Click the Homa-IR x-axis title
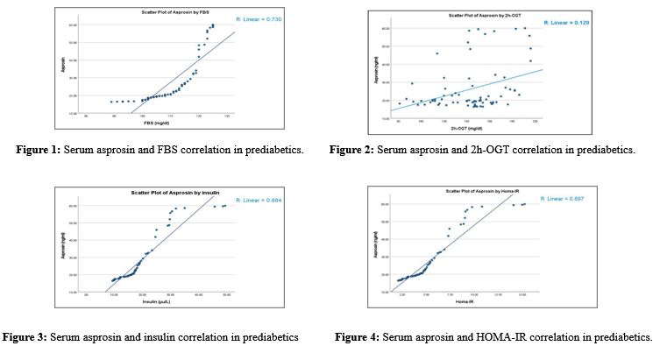pos(460,303)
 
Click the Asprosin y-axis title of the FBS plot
pos(63,66)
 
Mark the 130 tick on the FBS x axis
pos(227,116)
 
